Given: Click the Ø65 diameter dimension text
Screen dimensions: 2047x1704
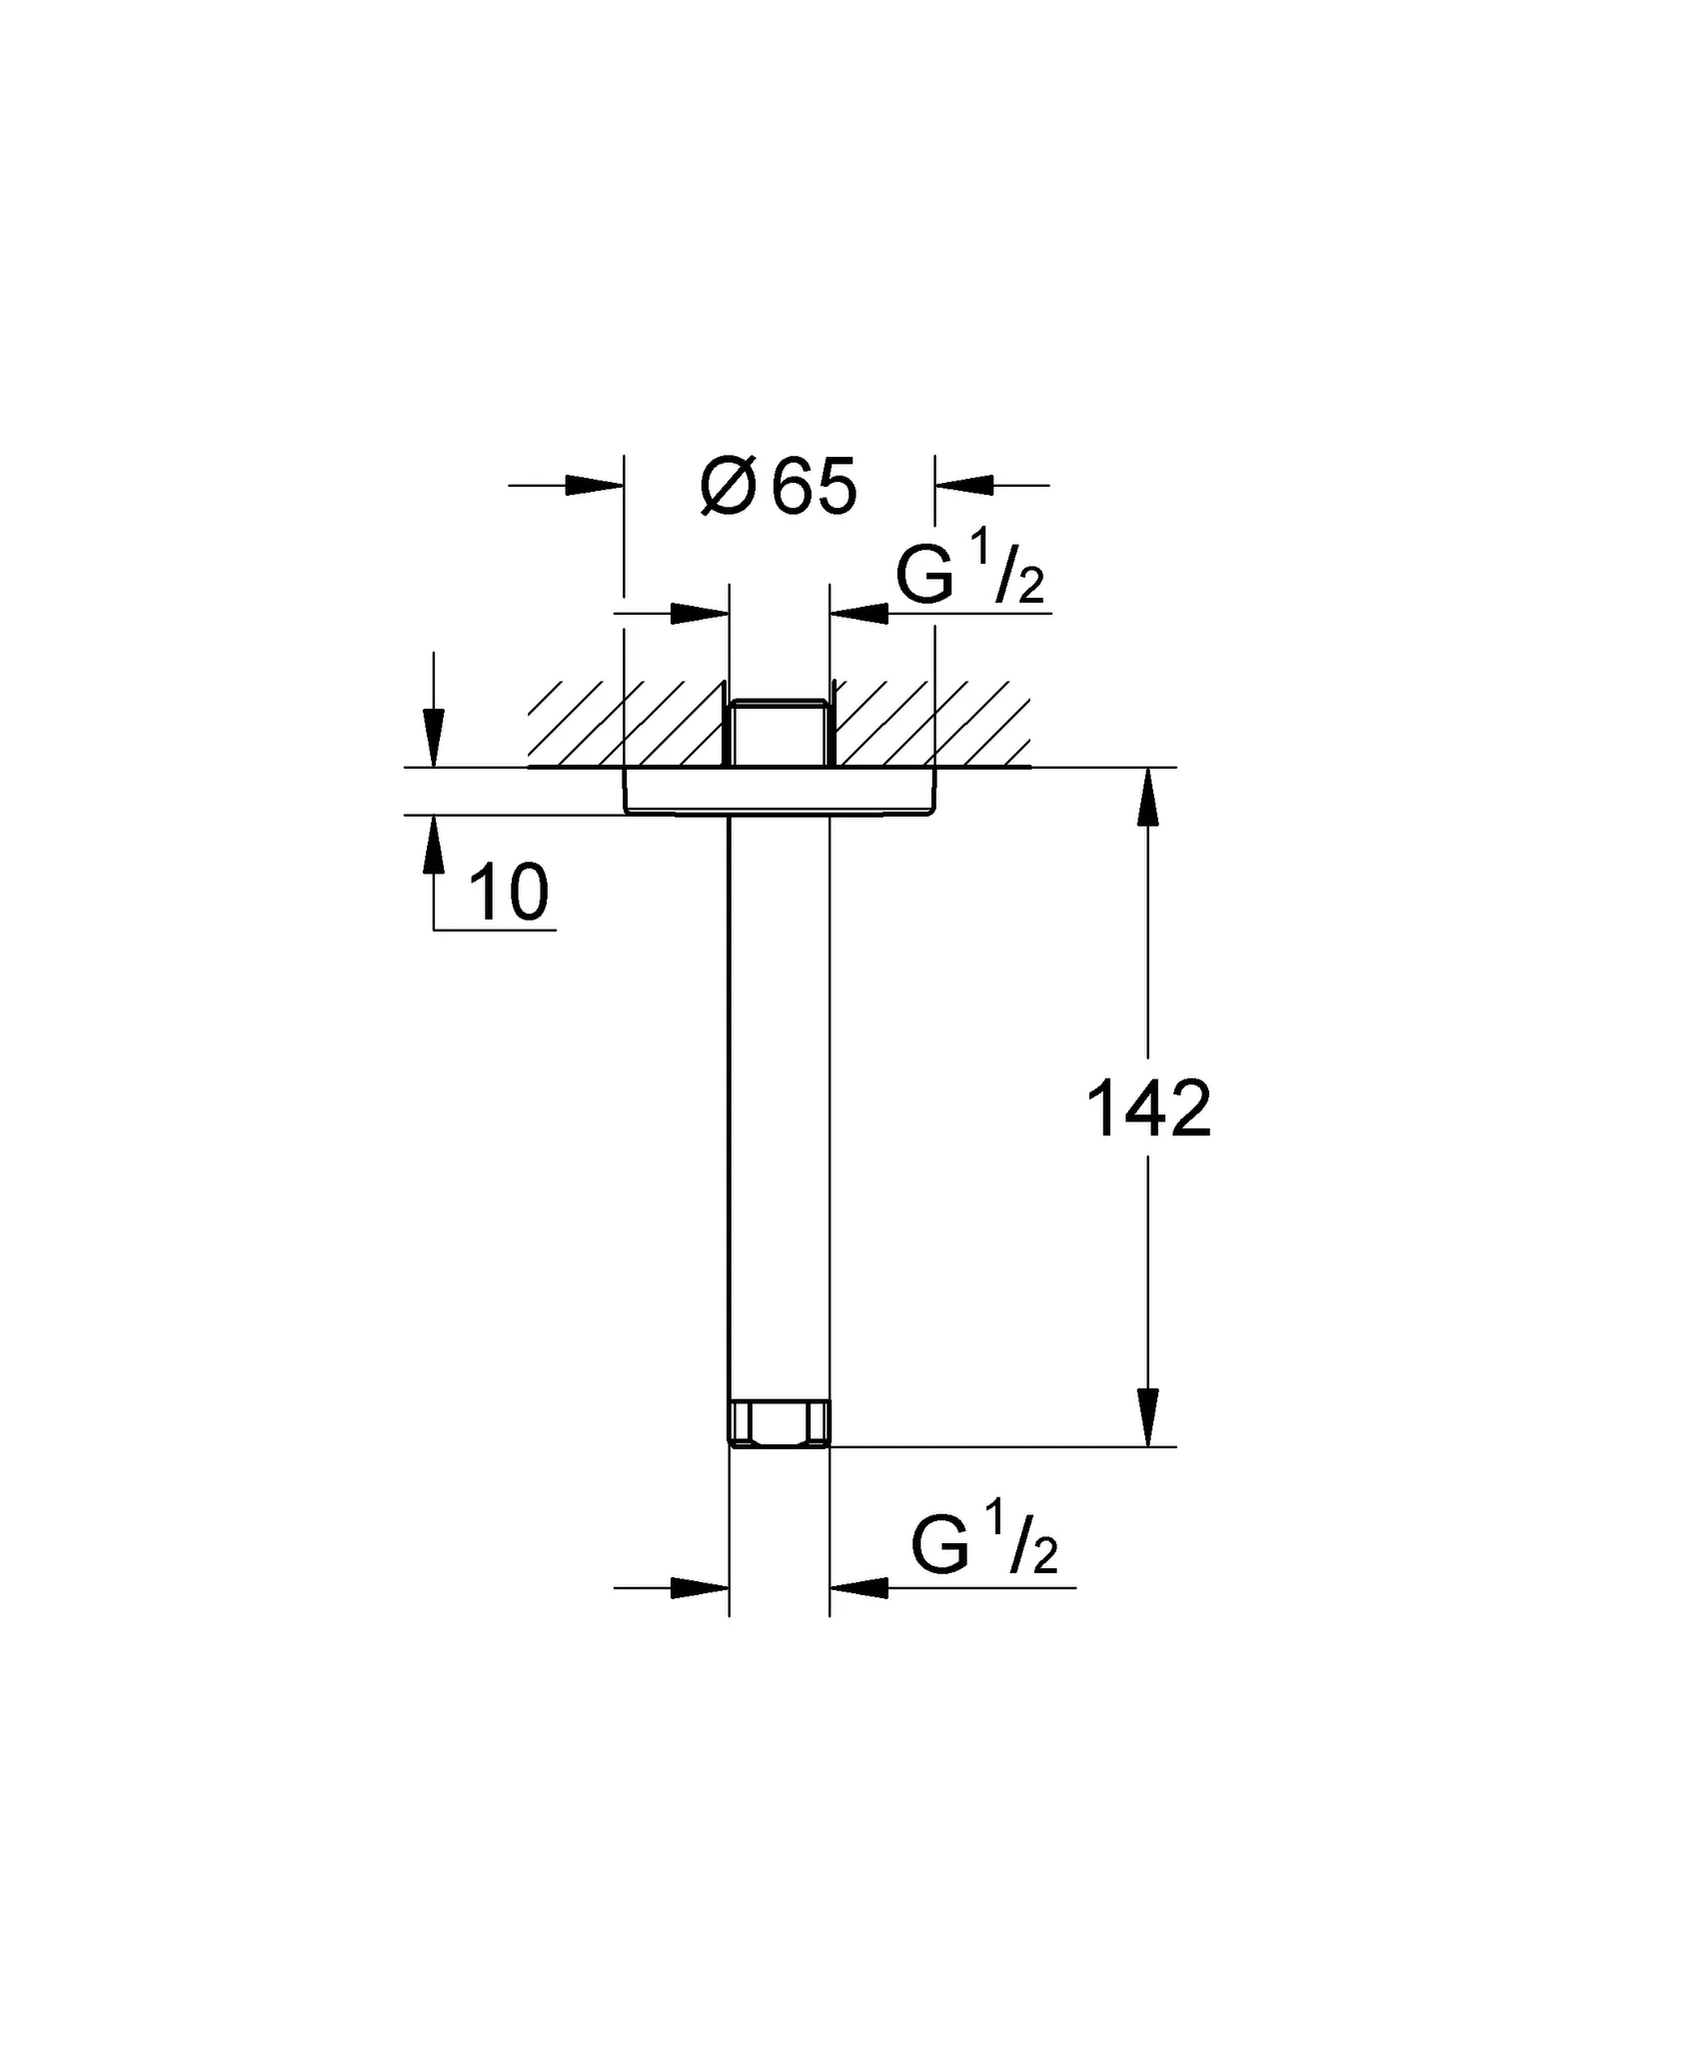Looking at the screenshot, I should click(779, 489).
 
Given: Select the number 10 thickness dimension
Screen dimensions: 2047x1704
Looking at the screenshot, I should click(509, 893).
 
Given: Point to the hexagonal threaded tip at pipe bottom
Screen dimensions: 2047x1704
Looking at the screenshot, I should click(779, 1422).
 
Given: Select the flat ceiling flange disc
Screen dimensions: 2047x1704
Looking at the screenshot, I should click(779, 792).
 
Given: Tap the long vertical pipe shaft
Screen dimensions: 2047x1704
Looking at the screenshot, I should click(779, 1099).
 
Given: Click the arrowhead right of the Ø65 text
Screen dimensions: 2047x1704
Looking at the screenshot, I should click(965, 486).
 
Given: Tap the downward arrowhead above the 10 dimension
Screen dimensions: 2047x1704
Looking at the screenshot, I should click(433, 738).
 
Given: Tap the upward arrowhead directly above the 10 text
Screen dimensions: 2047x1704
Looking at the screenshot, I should click(433, 846).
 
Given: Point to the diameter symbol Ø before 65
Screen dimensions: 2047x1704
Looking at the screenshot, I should click(728, 489).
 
